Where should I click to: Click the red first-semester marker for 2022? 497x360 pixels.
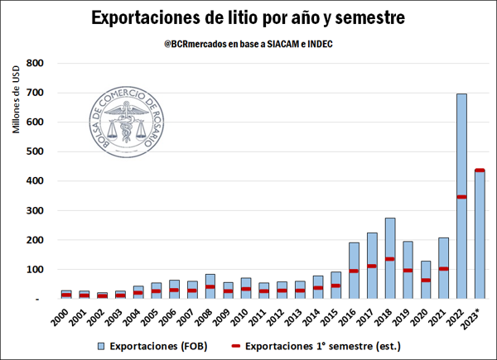461,197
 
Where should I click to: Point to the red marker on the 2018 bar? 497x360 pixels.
390,259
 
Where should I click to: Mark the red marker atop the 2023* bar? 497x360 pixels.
479,170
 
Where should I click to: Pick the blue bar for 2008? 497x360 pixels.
210,287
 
